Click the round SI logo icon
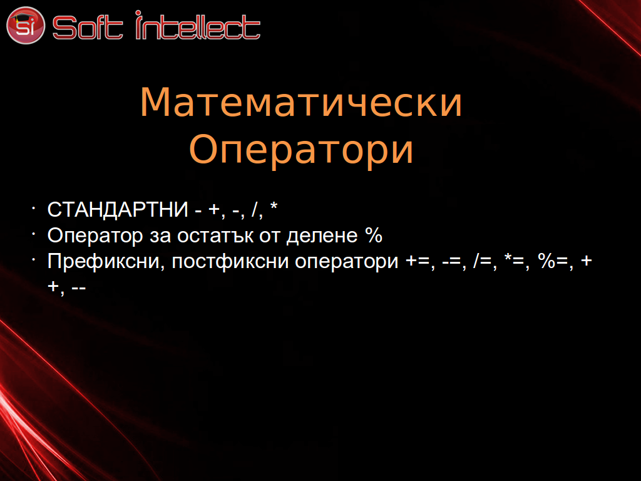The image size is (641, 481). coord(25,25)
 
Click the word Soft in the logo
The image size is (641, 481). coord(88,28)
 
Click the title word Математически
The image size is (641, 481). coord(301,102)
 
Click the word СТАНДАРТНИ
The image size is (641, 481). coord(118,209)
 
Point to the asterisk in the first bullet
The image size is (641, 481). coord(274,206)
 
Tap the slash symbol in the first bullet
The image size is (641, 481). coord(255,209)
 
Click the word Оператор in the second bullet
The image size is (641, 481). coord(95,236)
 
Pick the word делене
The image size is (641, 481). coord(322,236)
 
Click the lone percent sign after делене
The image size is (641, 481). coord(374,235)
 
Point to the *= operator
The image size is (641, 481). coord(514,260)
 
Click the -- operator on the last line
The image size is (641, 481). coord(78,287)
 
